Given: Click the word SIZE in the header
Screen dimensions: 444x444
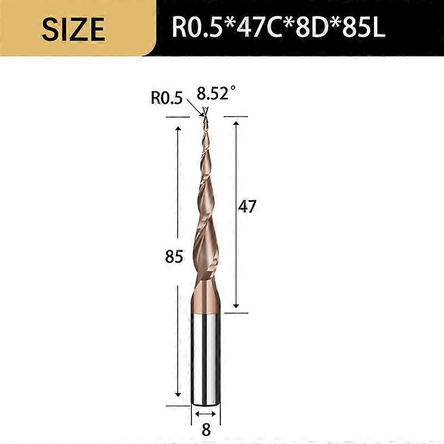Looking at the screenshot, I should tap(73, 28).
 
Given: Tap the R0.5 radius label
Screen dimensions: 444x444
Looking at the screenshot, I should tap(167, 98).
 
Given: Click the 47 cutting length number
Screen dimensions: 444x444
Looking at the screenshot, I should tap(247, 206).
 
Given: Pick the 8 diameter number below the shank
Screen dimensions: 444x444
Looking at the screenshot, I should tap(206, 430).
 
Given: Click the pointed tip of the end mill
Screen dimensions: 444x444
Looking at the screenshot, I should tap(205, 117).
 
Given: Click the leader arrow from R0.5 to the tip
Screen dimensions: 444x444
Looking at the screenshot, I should tap(195, 107).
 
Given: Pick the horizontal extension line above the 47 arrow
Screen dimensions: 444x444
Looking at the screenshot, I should tap(234, 117).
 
